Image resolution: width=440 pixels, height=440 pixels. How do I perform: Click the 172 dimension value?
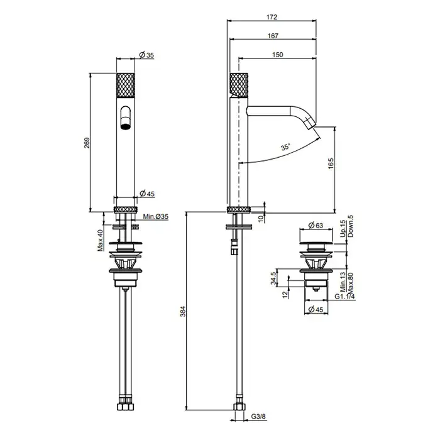click(x=272, y=17)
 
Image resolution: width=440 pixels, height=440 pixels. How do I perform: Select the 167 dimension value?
click(x=273, y=36)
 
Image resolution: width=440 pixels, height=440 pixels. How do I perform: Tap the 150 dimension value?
click(x=278, y=55)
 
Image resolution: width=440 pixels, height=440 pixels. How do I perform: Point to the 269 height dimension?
click(x=87, y=143)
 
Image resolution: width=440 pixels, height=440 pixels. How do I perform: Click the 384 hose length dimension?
click(x=183, y=312)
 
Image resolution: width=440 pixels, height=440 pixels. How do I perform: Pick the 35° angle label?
click(x=285, y=146)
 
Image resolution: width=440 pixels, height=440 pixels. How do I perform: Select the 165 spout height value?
click(x=331, y=163)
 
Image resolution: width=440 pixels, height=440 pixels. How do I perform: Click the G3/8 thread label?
click(x=258, y=416)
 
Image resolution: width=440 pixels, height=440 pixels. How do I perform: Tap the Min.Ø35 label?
click(x=155, y=216)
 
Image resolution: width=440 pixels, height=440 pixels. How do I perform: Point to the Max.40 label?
click(x=100, y=240)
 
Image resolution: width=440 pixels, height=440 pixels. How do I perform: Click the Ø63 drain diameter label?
click(x=316, y=225)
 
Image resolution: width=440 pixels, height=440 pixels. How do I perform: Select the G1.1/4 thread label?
click(x=344, y=296)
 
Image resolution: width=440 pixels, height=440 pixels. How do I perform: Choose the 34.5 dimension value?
click(x=273, y=278)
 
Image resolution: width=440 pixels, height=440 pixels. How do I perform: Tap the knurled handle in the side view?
click(x=239, y=85)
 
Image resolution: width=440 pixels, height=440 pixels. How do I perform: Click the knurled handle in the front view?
click(x=126, y=85)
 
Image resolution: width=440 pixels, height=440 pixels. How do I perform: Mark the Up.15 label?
click(x=343, y=229)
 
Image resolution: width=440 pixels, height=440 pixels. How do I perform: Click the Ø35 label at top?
click(x=146, y=55)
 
